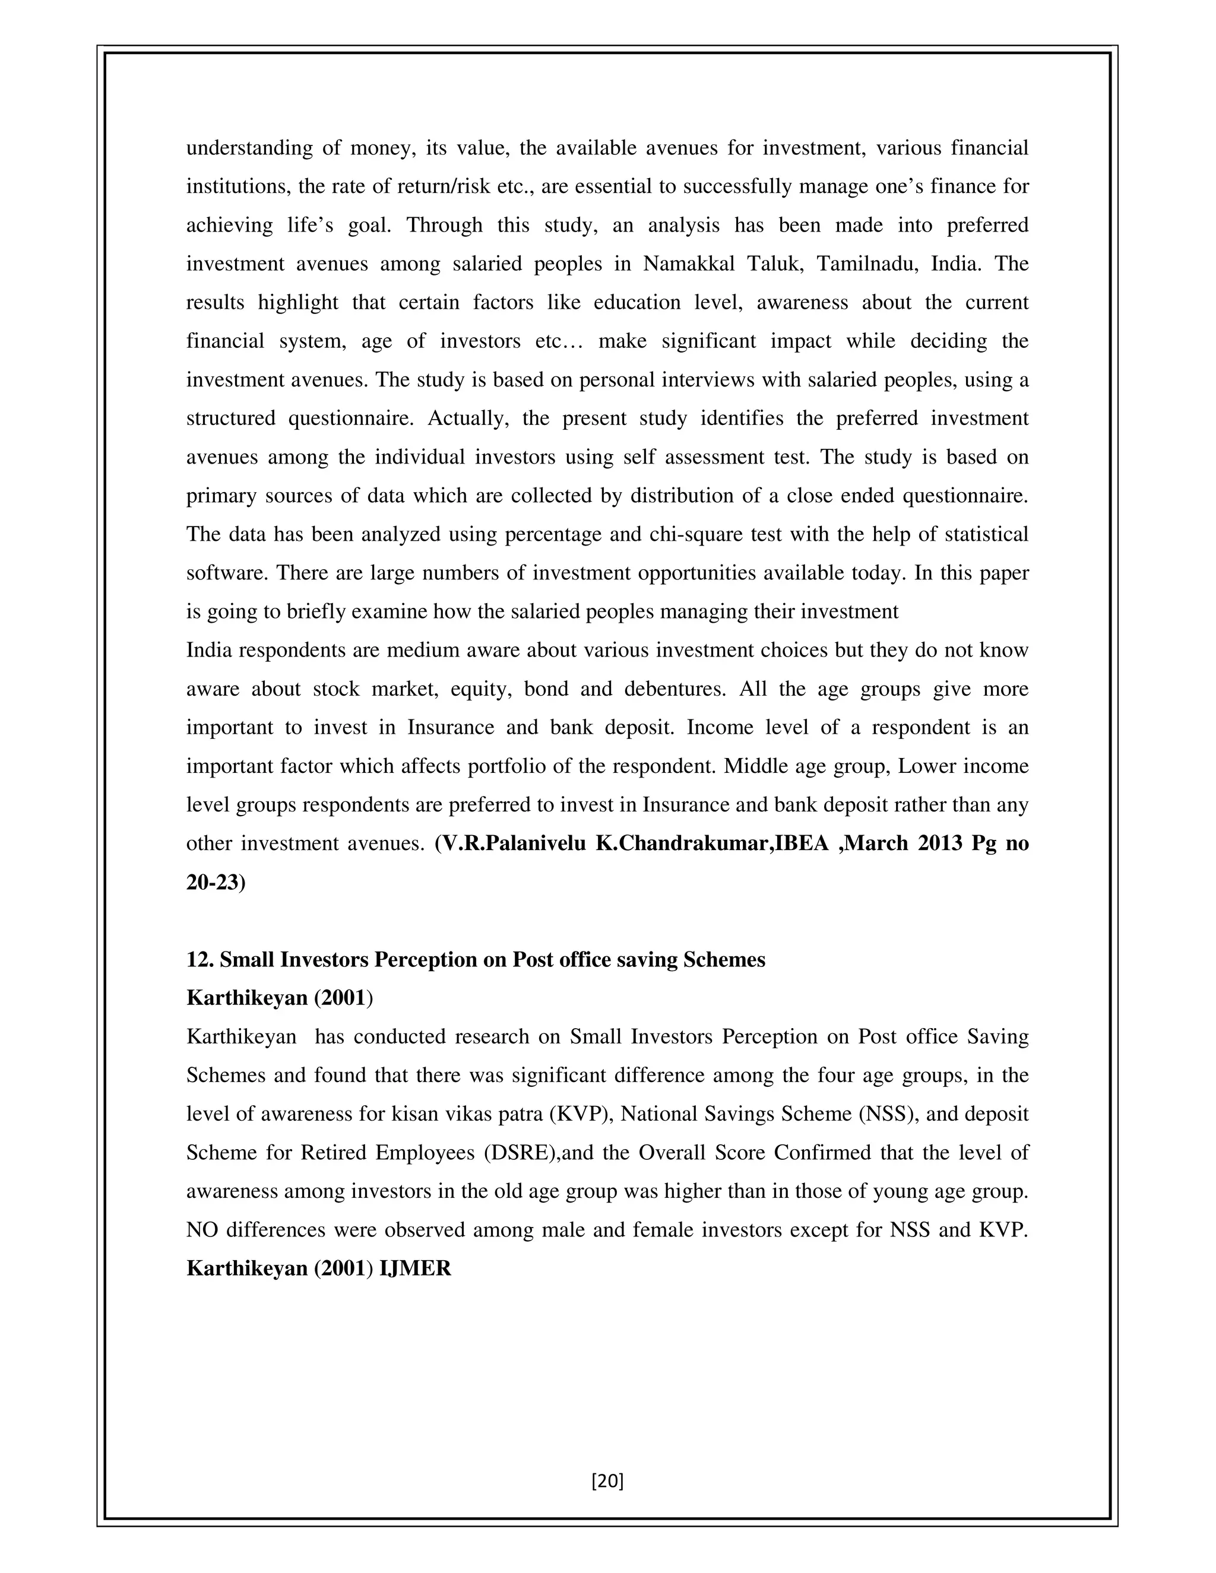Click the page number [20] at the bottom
607,1481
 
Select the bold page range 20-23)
216,882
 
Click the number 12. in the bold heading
199,960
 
